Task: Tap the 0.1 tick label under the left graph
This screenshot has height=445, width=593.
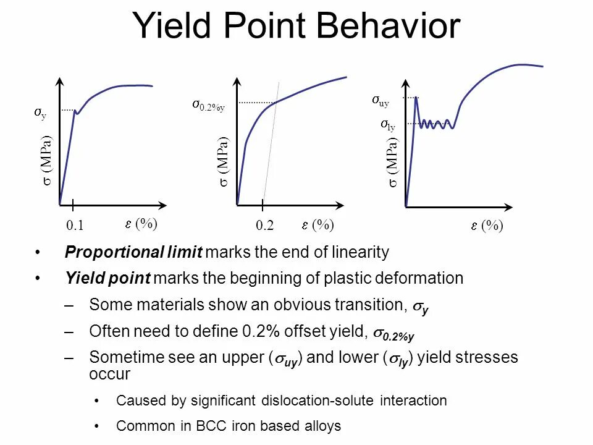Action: (x=74, y=226)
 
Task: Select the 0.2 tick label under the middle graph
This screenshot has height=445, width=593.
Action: (x=264, y=226)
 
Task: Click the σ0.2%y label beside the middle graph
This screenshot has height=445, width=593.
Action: (x=208, y=106)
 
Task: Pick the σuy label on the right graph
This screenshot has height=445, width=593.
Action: (x=381, y=100)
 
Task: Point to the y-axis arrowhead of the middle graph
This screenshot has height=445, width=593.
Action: (x=237, y=81)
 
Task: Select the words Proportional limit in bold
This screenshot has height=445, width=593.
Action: (x=133, y=252)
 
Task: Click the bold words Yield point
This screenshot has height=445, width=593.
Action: (x=107, y=278)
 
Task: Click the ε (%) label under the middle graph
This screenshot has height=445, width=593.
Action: (x=318, y=226)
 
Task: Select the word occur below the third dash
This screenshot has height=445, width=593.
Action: (x=109, y=374)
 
